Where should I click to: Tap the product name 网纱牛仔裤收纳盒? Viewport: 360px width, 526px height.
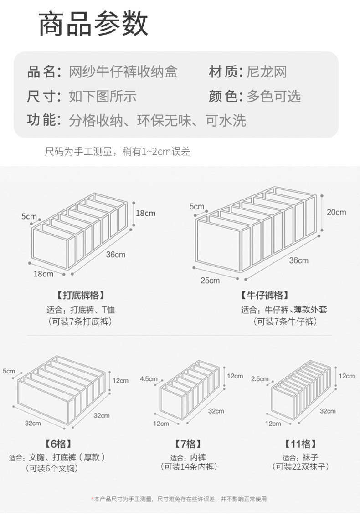click(123, 72)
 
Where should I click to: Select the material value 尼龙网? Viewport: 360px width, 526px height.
click(267, 72)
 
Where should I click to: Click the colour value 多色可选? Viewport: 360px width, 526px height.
click(274, 96)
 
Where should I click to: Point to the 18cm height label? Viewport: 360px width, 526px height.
click(145, 213)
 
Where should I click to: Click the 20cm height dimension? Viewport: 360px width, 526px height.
click(336, 212)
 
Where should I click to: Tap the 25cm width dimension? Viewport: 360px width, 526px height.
click(210, 280)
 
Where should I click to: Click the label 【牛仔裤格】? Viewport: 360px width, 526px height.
click(264, 296)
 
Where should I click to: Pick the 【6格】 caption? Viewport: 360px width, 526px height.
click(58, 444)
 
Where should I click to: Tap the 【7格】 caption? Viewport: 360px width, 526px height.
click(188, 444)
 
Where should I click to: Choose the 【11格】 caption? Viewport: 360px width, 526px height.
click(300, 444)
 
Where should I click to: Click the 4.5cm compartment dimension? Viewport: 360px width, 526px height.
click(149, 378)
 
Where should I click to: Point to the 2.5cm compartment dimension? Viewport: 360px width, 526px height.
click(260, 378)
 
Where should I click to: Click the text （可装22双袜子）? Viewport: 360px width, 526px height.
click(300, 466)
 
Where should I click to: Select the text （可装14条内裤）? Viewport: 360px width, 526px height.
click(188, 466)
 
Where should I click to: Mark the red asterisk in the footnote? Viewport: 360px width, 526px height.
click(93, 499)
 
